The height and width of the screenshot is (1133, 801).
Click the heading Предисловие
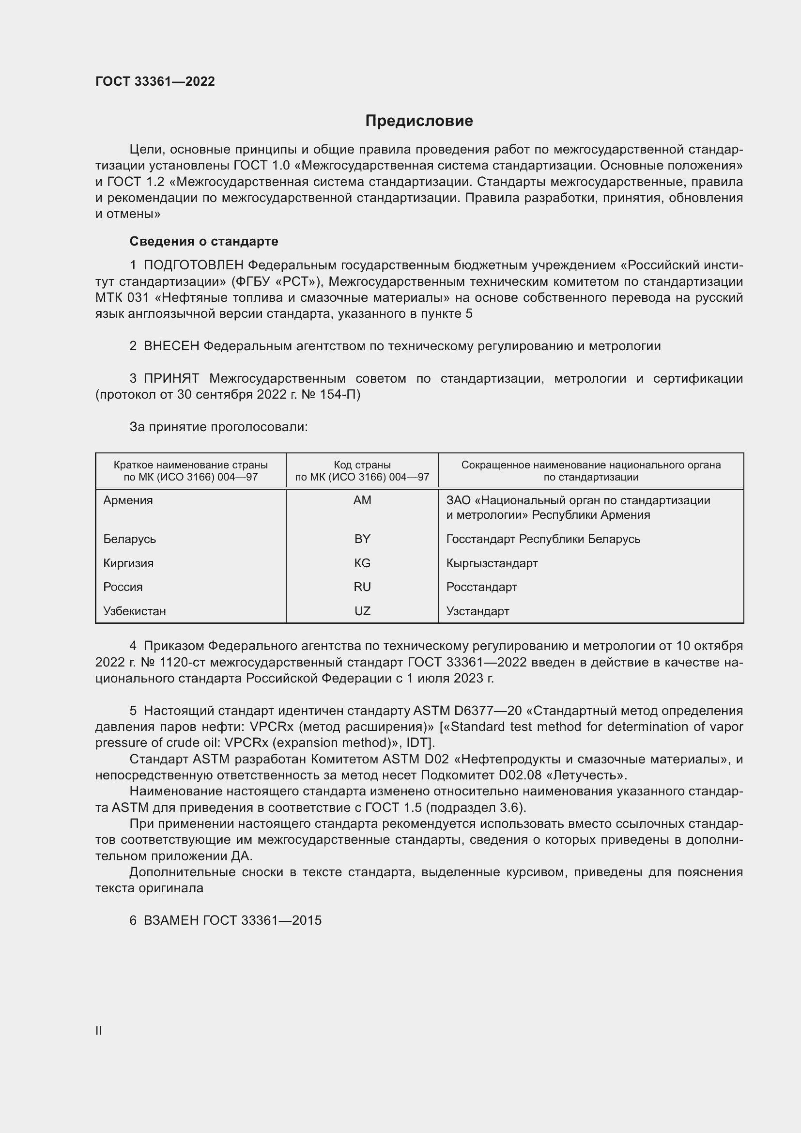click(x=419, y=121)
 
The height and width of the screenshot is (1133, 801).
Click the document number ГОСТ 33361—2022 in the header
click(x=155, y=81)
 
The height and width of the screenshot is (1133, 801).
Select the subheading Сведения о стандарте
click(x=204, y=241)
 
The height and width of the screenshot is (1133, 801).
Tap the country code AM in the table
click(x=362, y=500)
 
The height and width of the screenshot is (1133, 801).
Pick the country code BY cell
click(x=362, y=539)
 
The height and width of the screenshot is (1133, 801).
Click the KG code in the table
click(x=362, y=563)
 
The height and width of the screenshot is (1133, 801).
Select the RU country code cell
click(x=362, y=587)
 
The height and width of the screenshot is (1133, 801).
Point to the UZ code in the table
click(x=362, y=611)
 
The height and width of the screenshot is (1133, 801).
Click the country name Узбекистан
click(x=134, y=611)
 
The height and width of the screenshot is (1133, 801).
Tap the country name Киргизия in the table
click(x=128, y=563)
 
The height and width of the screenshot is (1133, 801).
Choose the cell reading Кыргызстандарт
click(x=492, y=563)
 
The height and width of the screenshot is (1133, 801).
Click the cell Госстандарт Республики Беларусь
click(x=543, y=539)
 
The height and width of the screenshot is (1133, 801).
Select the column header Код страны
click(x=362, y=465)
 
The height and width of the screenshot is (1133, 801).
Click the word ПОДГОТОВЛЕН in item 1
click(x=193, y=265)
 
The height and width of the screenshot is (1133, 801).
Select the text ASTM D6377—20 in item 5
click(x=467, y=711)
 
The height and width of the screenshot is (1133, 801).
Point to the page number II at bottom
click(x=99, y=1030)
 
